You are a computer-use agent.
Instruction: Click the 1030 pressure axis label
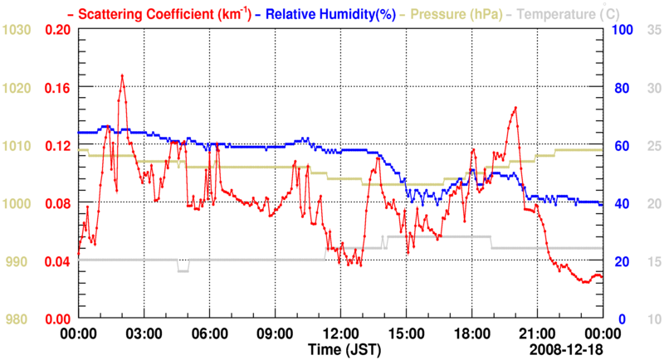(18, 30)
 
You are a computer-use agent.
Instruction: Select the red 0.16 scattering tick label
(56, 88)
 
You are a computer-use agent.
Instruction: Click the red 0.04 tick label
(56, 261)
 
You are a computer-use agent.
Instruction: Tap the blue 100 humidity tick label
(623, 30)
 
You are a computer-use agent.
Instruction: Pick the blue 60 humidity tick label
(620, 146)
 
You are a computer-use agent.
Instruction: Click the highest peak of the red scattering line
(122, 75)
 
